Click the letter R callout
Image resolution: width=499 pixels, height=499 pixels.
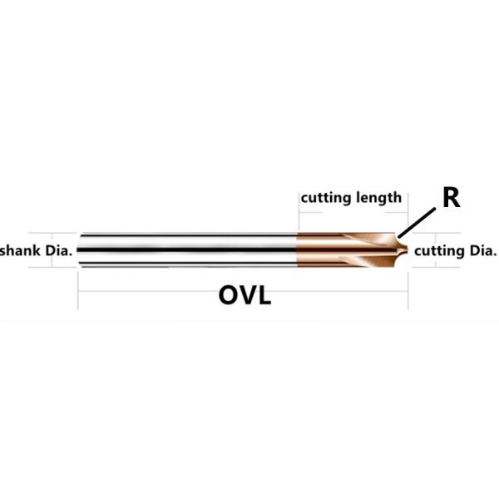coord(451,198)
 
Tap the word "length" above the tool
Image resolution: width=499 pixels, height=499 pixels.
coord(378,198)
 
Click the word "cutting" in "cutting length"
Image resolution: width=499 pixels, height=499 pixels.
coord(325,198)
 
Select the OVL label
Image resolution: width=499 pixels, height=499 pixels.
coord(245,294)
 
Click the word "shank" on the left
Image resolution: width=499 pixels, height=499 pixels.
coord(19,249)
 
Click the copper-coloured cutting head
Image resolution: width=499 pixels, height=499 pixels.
coord(341,249)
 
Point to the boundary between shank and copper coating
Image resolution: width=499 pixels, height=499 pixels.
coord(299,249)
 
